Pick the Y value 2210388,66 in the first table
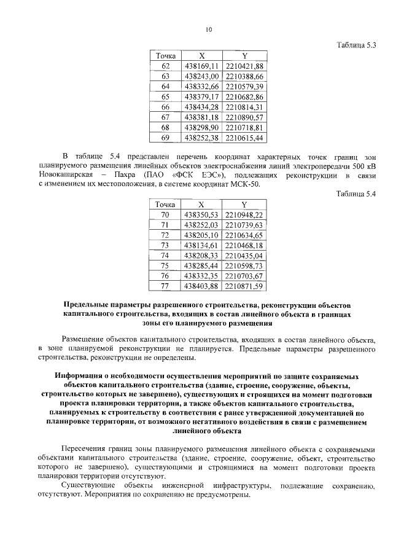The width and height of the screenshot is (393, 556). (x=244, y=76)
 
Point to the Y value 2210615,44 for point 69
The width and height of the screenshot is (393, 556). (x=244, y=138)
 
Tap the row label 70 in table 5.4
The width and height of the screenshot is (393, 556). (x=165, y=214)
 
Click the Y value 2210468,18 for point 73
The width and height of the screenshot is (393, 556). (x=244, y=245)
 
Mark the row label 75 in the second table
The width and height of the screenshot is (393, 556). (x=165, y=265)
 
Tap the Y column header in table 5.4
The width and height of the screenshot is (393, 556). (x=244, y=204)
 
